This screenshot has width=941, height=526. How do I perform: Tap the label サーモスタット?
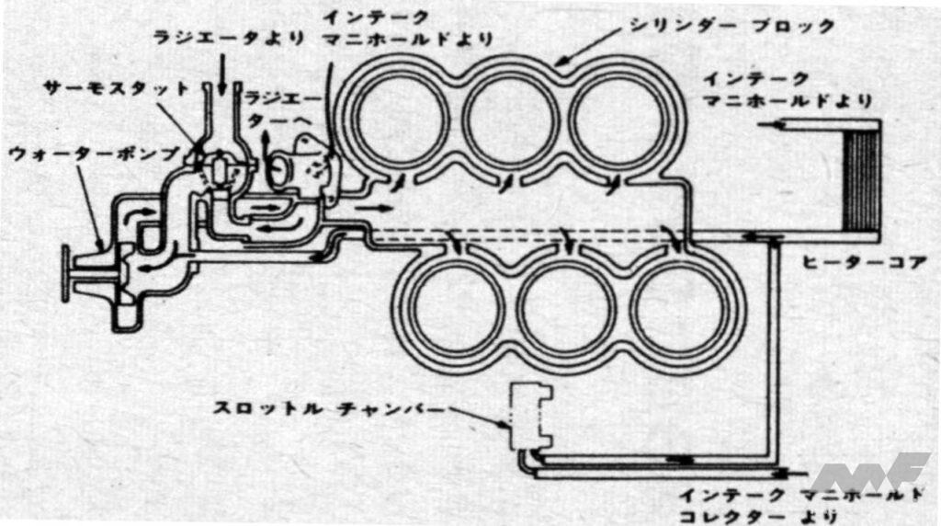click(117, 89)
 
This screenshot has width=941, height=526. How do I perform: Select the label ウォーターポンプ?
click(95, 154)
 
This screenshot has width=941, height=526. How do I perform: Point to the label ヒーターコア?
click(864, 262)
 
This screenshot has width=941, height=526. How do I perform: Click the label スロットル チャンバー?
click(329, 409)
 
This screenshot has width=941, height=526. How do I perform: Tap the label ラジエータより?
click(229, 38)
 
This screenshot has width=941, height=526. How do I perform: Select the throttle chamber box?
click(530, 417)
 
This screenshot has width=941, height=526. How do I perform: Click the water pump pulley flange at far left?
click(66, 273)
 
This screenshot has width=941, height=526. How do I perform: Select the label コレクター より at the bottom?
click(757, 516)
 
